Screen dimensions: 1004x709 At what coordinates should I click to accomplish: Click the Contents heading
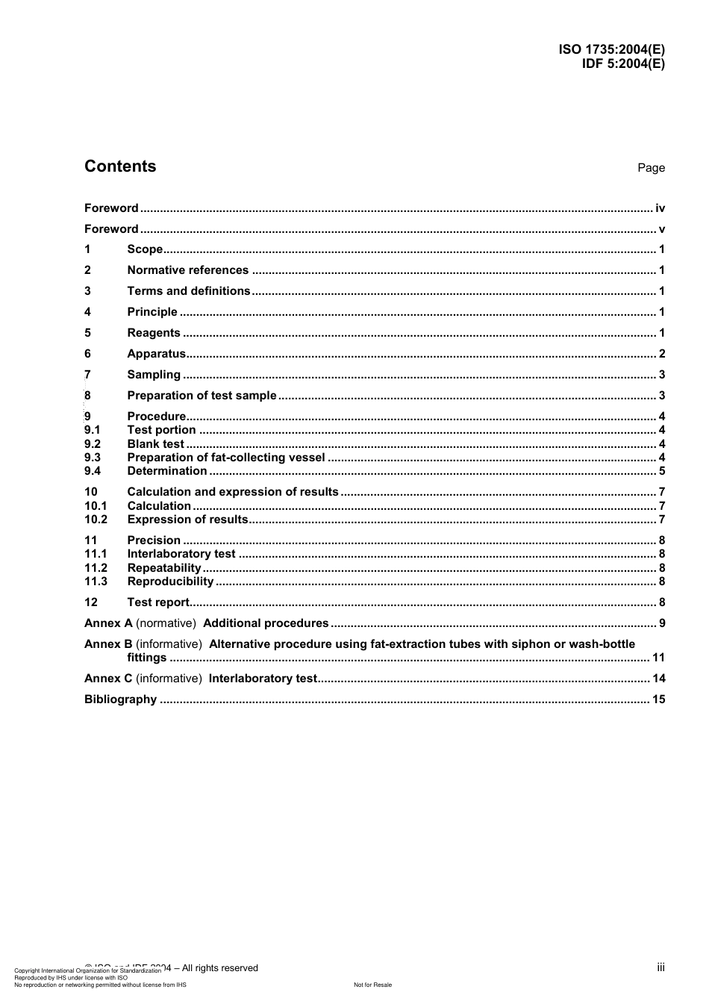pos(120,166)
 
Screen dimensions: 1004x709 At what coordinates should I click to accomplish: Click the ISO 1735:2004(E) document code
pos(611,49)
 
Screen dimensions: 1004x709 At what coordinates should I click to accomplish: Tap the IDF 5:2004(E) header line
pos(622,63)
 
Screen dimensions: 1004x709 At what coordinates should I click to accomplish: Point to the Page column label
pos(651,168)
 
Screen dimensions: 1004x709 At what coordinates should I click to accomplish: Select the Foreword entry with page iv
pos(111,208)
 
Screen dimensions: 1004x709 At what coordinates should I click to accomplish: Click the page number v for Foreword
pos(661,229)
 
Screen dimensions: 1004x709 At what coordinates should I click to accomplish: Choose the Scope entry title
pos(145,249)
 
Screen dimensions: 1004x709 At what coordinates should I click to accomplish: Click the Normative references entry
pos(187,270)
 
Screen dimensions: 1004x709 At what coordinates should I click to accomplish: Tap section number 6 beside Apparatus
pos(87,354)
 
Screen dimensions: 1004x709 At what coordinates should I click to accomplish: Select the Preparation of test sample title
pos(202,396)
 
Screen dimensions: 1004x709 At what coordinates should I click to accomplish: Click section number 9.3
pos(93,458)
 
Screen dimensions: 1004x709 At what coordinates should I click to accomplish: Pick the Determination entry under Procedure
pos(167,471)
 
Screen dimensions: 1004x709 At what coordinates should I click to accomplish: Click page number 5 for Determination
pos(662,471)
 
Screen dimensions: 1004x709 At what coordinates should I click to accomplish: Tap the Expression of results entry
pos(187,520)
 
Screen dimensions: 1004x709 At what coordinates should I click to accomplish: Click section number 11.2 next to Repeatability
pos(96,568)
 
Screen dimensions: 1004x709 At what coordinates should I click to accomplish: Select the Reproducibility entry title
pos(170,581)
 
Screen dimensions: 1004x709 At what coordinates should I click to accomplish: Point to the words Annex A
pos(108,623)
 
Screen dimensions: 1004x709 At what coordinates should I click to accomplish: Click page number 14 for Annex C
pos(658,679)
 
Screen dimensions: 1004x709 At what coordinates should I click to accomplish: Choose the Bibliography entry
pos(120,699)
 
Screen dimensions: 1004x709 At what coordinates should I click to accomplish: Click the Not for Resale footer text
pos(372,985)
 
